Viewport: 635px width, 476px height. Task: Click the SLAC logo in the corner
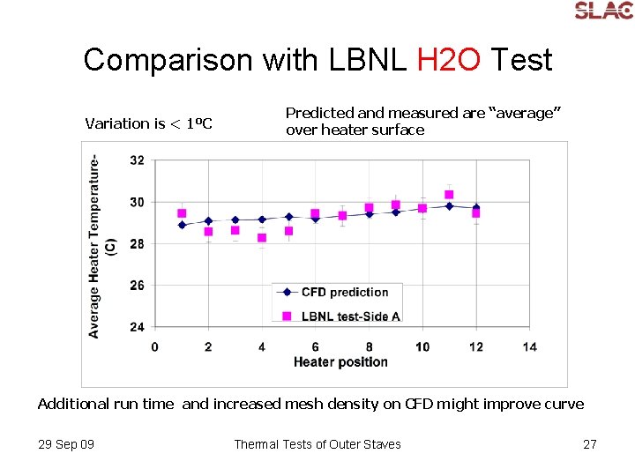coord(603,11)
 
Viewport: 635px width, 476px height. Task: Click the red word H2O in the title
coord(449,60)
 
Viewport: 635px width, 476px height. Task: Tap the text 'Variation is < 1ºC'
coord(148,123)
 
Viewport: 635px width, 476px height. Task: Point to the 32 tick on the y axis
coord(137,160)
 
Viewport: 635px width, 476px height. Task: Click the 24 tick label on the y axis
coord(137,327)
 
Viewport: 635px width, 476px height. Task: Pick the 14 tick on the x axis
coord(529,346)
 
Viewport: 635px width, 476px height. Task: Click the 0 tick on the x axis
coord(155,346)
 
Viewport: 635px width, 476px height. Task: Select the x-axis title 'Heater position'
coord(340,361)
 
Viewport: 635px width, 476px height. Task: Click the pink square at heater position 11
coord(449,195)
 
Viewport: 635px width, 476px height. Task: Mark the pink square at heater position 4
coord(262,238)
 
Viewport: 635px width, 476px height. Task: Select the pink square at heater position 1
coord(182,213)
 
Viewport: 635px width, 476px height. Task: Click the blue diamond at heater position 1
coord(182,225)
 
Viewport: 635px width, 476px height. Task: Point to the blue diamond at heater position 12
coord(476,207)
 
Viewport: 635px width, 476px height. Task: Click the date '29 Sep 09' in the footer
coord(66,444)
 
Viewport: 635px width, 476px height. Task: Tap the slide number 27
coord(590,444)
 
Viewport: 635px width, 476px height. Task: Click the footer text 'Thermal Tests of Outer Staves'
coord(317,444)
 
